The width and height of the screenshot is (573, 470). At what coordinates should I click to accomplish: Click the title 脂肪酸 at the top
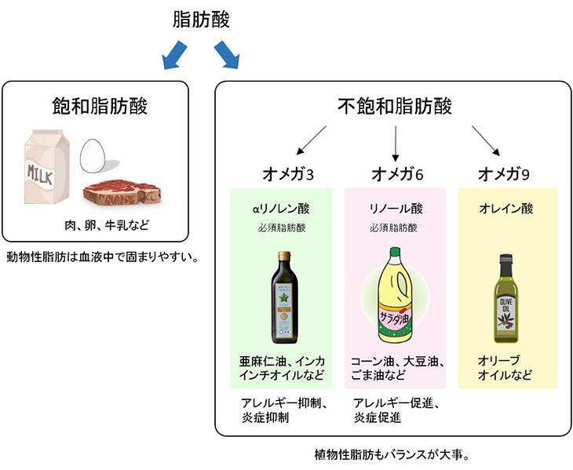coord(201,20)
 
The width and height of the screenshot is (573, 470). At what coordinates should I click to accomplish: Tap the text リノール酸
coord(396,209)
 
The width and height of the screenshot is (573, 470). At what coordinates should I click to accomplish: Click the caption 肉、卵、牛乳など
coord(106,226)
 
